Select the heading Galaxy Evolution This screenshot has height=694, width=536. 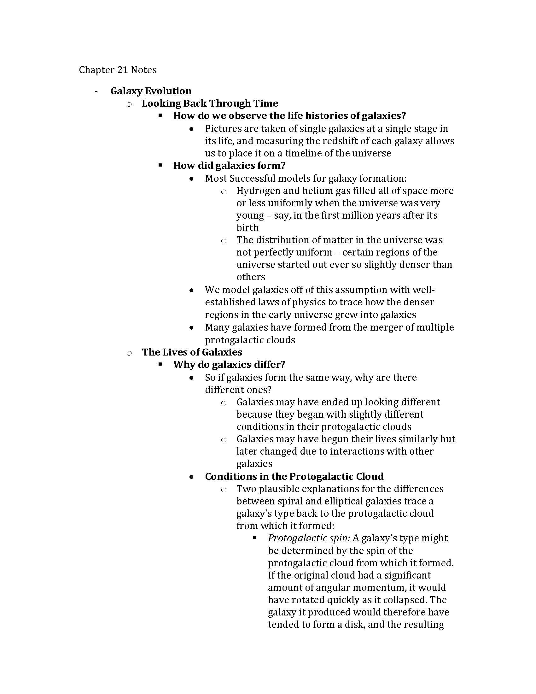(x=151, y=91)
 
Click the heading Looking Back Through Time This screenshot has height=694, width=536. (x=210, y=103)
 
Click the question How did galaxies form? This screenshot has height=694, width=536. (x=229, y=166)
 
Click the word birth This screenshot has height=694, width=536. (x=248, y=228)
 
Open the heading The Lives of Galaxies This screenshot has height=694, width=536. (x=192, y=352)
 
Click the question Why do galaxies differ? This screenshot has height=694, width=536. (x=229, y=364)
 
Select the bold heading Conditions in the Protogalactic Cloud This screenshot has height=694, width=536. (x=294, y=476)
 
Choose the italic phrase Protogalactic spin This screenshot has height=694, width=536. (x=309, y=538)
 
